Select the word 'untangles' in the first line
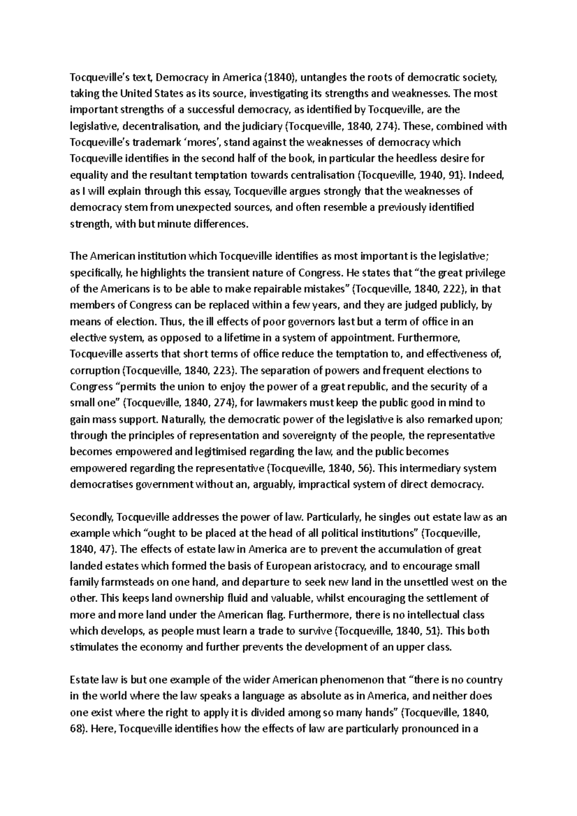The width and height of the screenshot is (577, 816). [321, 77]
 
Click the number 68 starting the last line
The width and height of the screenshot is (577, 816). [76, 729]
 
